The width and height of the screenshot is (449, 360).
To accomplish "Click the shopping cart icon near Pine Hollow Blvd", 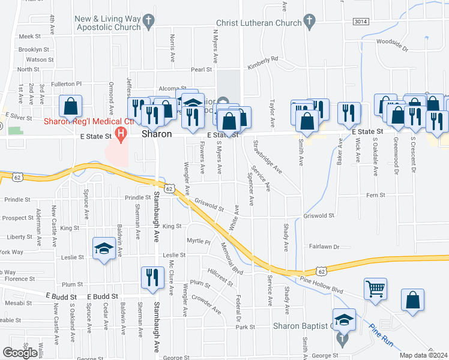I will click(375, 289).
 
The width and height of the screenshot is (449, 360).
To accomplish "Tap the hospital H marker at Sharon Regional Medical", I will click(121, 133).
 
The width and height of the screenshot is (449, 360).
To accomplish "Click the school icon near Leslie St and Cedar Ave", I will click(104, 248).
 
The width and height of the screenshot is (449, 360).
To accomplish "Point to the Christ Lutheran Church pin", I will click(310, 23).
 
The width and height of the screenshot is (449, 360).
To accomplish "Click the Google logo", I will click(20, 353).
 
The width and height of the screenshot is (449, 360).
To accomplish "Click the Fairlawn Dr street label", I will click(325, 247).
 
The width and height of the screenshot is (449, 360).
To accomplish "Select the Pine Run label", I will click(381, 334).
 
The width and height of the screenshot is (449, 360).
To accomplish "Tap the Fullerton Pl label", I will click(66, 83).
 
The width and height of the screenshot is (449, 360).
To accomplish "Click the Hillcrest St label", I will click(220, 275).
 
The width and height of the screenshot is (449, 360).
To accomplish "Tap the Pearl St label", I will click(202, 70).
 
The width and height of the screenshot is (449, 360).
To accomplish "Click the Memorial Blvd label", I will click(232, 258).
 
